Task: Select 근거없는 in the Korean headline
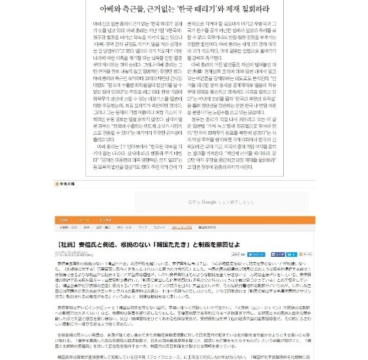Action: pos(164,10)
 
